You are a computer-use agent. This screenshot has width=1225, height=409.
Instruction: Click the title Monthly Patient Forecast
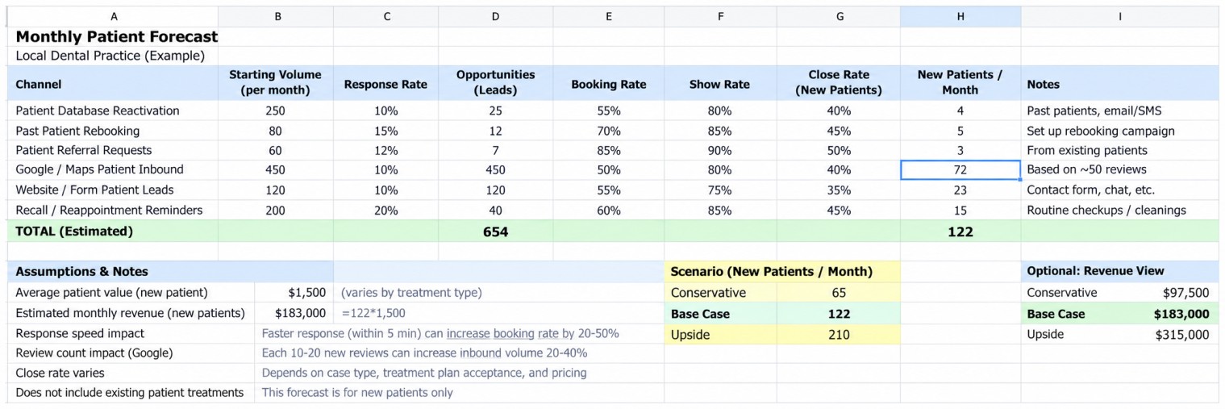point(116,36)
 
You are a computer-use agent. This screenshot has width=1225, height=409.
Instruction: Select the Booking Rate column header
point(609,84)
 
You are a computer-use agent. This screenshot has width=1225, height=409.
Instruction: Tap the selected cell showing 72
point(960,170)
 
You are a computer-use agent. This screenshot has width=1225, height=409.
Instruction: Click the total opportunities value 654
point(495,232)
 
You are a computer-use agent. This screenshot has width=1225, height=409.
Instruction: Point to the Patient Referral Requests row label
point(84,150)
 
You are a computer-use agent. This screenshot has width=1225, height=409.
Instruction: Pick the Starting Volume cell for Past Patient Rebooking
point(275,131)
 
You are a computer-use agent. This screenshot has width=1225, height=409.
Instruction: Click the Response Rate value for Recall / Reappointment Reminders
point(386,211)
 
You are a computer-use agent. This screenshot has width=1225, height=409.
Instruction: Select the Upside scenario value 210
point(839,335)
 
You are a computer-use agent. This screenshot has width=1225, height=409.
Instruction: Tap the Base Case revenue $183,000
point(1181,314)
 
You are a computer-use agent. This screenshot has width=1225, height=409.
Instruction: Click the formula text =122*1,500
point(373,313)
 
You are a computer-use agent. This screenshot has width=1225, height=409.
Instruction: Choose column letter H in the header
point(960,17)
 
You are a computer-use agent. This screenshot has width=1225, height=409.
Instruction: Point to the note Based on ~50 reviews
point(1086,169)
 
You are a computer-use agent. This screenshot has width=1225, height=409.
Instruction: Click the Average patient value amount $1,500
point(306,293)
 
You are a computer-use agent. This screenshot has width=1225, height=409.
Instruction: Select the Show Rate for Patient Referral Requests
point(719,150)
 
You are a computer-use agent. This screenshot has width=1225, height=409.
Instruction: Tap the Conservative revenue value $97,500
point(1185,293)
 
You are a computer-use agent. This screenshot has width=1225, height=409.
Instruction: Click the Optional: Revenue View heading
point(1095,271)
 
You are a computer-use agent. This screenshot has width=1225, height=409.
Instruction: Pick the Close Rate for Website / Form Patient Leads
point(839,190)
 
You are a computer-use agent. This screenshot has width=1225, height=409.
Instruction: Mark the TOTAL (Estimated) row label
point(74,232)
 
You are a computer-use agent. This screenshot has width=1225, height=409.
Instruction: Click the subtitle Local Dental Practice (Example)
point(110,56)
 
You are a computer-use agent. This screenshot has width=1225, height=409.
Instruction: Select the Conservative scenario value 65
point(839,293)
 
